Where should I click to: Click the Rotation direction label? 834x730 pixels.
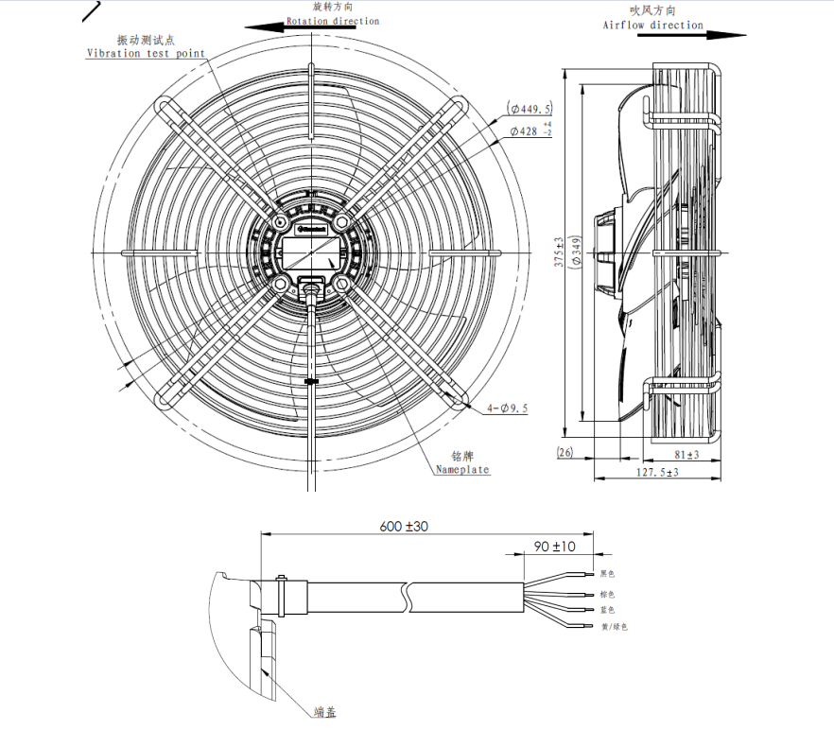(x=333, y=21)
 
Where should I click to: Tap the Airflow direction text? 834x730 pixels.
(x=652, y=25)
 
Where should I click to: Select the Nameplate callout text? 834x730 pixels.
(x=462, y=469)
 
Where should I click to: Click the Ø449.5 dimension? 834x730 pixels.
(x=530, y=109)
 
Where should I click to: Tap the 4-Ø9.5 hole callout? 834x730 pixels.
(x=507, y=408)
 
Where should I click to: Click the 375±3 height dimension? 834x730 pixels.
(x=560, y=253)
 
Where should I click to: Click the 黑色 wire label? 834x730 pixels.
(x=607, y=574)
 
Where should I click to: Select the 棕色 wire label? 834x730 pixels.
(x=607, y=594)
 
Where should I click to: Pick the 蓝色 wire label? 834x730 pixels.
(x=607, y=610)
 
